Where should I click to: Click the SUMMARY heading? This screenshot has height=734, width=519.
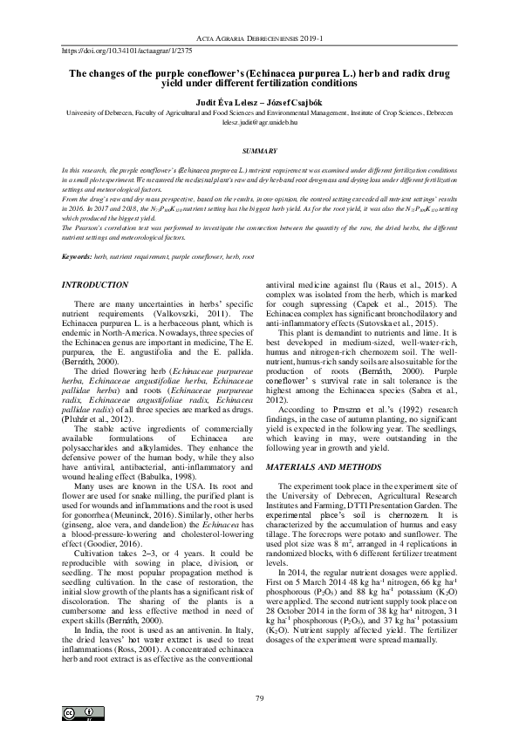[259, 152]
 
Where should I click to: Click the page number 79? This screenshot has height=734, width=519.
[259, 675]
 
